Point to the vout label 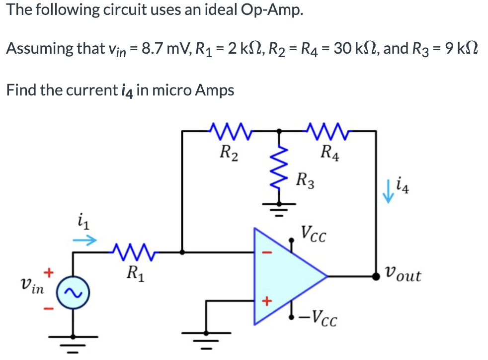[x=403, y=274]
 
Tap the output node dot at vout [x=377, y=275]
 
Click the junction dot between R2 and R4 [x=279, y=132]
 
